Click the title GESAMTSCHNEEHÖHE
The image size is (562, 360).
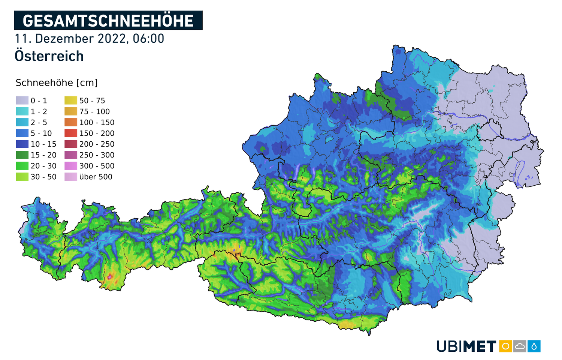point(108,21)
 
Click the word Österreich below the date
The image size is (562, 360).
point(49,56)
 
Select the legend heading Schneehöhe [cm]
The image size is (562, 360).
point(57,83)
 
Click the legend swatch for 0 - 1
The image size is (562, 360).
point(22,100)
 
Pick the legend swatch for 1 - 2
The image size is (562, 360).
point(22,111)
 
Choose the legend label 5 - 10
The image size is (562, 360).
point(41,133)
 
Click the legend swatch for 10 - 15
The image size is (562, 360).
point(22,144)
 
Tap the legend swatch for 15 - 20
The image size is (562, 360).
point(22,155)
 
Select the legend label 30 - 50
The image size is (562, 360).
point(43,177)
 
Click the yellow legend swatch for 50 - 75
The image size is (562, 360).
point(71,100)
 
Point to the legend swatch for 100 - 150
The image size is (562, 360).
point(71,122)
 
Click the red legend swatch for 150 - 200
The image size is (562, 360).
point(71,133)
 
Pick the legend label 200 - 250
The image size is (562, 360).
point(97,144)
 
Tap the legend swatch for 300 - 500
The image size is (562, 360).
point(71,166)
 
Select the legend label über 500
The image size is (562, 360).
point(96,177)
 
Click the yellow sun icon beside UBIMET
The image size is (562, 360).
point(505,346)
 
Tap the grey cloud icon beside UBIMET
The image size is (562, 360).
point(520,346)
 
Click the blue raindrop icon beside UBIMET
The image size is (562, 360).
point(534,346)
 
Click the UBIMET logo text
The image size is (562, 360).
point(466,346)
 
